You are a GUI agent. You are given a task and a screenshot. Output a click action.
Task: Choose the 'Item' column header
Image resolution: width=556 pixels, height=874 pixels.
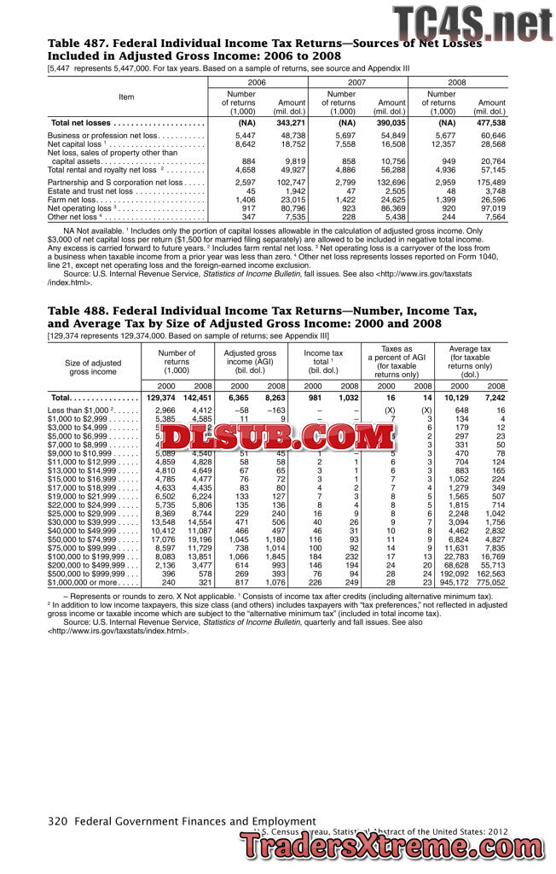tap(126, 96)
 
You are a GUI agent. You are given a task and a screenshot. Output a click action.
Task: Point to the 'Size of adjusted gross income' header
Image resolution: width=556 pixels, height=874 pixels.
tap(93, 366)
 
